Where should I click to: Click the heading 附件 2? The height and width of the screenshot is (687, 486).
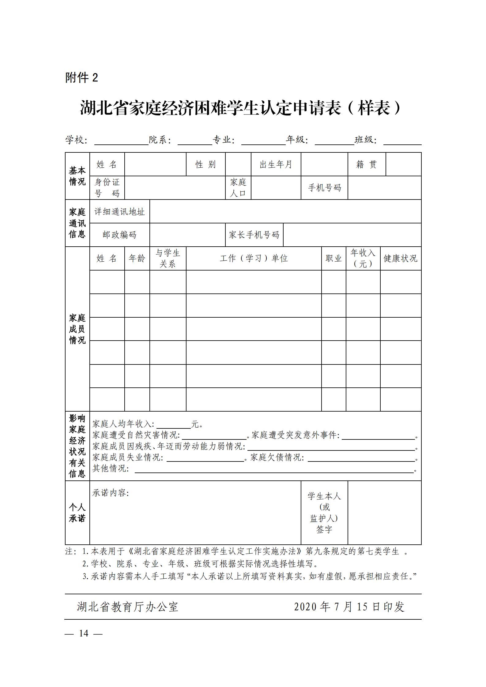point(81,78)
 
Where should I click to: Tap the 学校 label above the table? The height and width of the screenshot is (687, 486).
point(76,140)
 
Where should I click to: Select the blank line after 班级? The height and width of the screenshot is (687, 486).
point(402,141)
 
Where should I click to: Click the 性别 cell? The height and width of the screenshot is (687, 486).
point(205,164)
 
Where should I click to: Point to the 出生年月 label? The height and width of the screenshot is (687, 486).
point(276,164)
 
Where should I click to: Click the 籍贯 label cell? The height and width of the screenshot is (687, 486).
point(366,164)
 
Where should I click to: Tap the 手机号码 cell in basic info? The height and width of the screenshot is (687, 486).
point(324,188)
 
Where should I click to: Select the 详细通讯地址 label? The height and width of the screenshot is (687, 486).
point(119,211)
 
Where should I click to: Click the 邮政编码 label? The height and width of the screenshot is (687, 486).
point(119,235)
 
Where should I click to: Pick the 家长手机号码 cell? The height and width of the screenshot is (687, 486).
point(254,235)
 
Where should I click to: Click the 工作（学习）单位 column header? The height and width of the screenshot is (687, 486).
point(254,258)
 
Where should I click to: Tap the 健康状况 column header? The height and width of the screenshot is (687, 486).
point(400,258)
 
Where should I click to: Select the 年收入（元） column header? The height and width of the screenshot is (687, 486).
point(363,258)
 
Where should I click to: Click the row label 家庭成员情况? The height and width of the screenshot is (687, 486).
point(77,329)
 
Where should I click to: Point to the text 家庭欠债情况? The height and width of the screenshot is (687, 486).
point(277,457)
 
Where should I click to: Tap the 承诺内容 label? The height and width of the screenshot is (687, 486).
point(111,493)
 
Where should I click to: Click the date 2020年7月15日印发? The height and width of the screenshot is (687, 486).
point(349,607)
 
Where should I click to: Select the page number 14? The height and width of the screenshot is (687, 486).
point(84,633)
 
